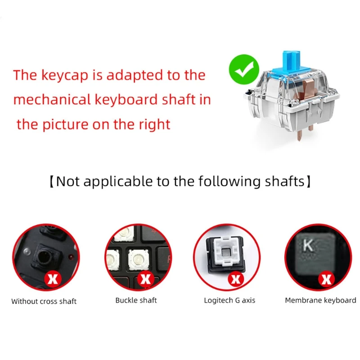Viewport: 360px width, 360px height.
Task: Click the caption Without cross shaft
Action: click(44, 301)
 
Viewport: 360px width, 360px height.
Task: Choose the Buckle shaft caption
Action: click(136, 300)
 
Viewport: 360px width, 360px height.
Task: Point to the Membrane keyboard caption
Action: click(320, 300)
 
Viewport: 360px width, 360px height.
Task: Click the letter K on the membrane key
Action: click(308, 245)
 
